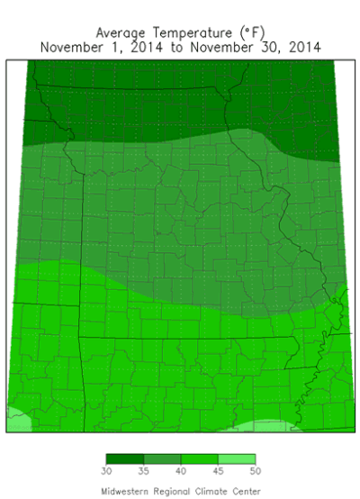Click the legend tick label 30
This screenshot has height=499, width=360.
coord(106,471)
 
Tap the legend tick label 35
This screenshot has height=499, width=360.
coord(143,471)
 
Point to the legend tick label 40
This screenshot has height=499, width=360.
coord(181,471)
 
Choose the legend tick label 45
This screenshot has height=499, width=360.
coord(218,471)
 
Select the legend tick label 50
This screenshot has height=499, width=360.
coord(256,471)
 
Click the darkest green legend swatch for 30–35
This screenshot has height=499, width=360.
coord(124,459)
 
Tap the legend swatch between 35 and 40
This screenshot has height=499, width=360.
coord(162,459)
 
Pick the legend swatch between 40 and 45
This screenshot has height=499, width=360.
coord(199,459)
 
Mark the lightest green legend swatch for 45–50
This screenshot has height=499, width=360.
coord(237,459)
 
